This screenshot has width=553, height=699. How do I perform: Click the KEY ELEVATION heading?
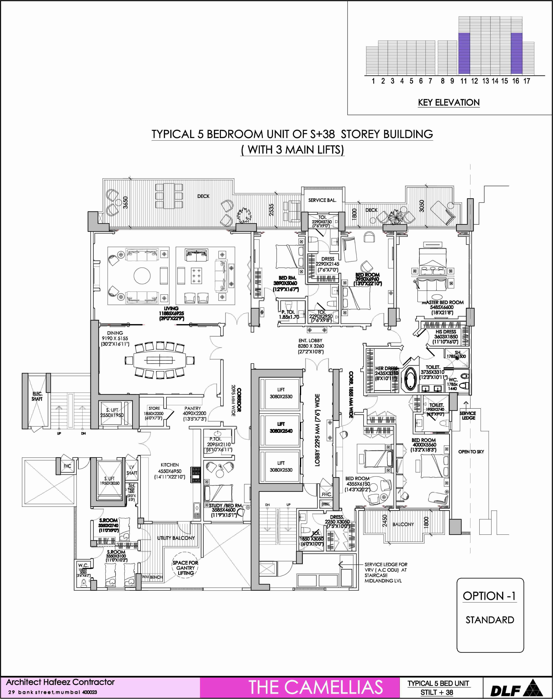[x=448, y=103]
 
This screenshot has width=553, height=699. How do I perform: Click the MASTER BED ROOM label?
[x=442, y=302]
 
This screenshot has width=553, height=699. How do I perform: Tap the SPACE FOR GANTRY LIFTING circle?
[x=185, y=568]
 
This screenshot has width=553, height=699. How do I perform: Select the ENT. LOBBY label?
[x=311, y=341]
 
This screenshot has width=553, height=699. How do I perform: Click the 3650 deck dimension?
[x=126, y=202]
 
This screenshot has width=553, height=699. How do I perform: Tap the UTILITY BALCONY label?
[x=176, y=538]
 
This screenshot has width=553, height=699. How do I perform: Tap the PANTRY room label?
[x=193, y=409]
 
